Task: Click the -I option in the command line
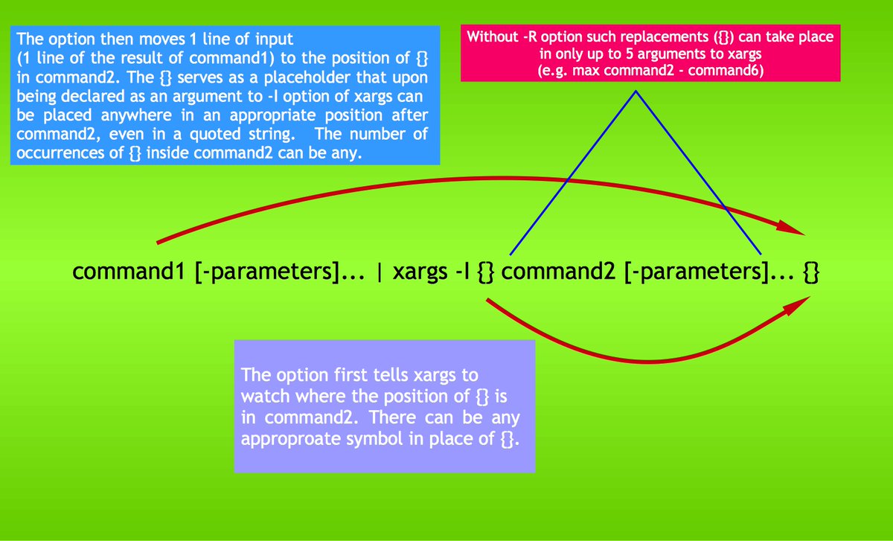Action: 463,272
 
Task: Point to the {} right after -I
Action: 484,273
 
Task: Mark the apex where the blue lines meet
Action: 636,92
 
